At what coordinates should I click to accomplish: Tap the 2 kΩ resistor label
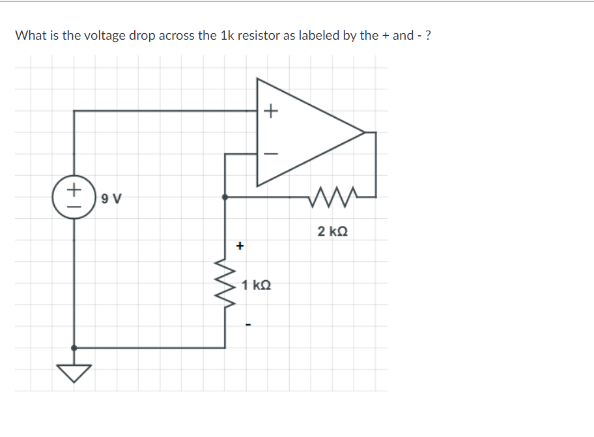(x=332, y=231)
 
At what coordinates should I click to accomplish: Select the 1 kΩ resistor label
(x=255, y=285)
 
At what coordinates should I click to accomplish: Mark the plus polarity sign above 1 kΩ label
(x=240, y=246)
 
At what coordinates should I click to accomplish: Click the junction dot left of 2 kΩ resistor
(x=225, y=196)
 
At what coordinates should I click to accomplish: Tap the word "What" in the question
(x=30, y=35)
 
